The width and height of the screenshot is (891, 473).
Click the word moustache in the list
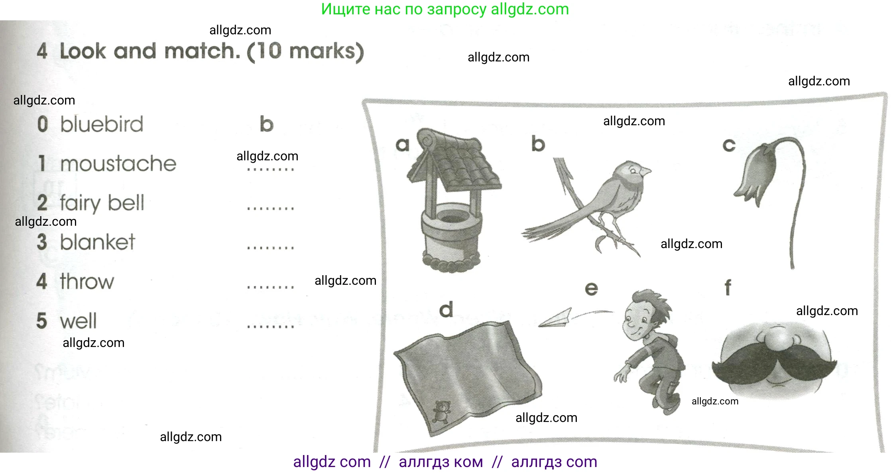click(x=118, y=164)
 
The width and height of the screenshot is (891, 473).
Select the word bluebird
click(x=102, y=124)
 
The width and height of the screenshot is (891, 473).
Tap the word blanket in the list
click(x=98, y=242)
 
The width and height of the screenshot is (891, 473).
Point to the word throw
click(x=87, y=282)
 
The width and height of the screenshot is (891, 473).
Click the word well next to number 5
click(x=78, y=321)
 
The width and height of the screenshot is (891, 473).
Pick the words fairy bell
click(x=102, y=203)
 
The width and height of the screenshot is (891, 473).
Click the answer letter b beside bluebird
click(x=266, y=124)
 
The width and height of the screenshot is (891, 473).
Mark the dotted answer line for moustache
click(x=270, y=169)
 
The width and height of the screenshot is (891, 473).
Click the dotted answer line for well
click(x=270, y=327)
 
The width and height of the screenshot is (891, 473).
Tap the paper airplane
click(x=555, y=319)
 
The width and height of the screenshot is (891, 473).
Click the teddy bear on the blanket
click(x=441, y=412)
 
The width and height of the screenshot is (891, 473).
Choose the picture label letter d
click(x=446, y=309)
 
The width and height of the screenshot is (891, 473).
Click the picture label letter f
click(x=728, y=287)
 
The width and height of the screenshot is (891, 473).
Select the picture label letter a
click(x=403, y=144)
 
